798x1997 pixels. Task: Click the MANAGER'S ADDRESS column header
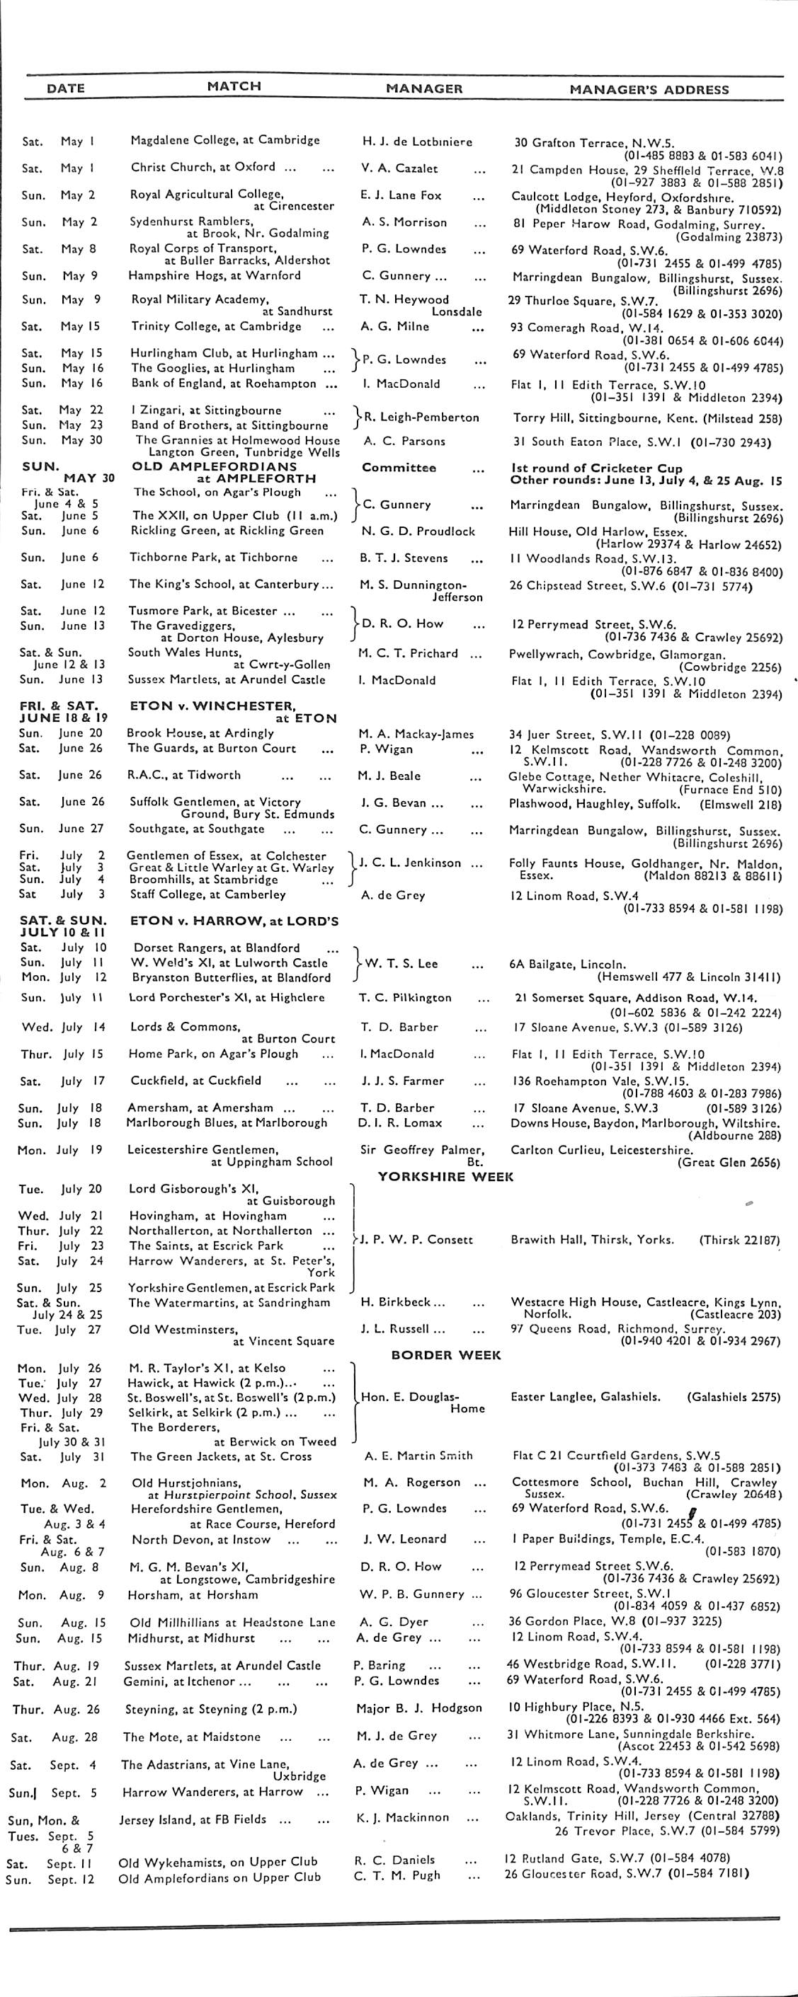pos(649,89)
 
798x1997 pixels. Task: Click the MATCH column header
pos(234,86)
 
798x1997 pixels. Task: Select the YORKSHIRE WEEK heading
pos(445,1176)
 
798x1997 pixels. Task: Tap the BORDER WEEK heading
pos(446,1355)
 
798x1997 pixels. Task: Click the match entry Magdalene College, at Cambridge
pos(225,140)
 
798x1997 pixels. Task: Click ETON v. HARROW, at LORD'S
pos(234,922)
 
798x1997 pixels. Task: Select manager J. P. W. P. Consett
pos(416,1239)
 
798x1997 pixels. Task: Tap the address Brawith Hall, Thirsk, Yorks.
pos(592,1240)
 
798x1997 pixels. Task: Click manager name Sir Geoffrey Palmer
pos(423,1150)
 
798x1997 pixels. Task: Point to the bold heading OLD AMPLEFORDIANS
pos(214,466)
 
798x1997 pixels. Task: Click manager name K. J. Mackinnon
pos(401,1817)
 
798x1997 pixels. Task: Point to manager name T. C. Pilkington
pos(404,998)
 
